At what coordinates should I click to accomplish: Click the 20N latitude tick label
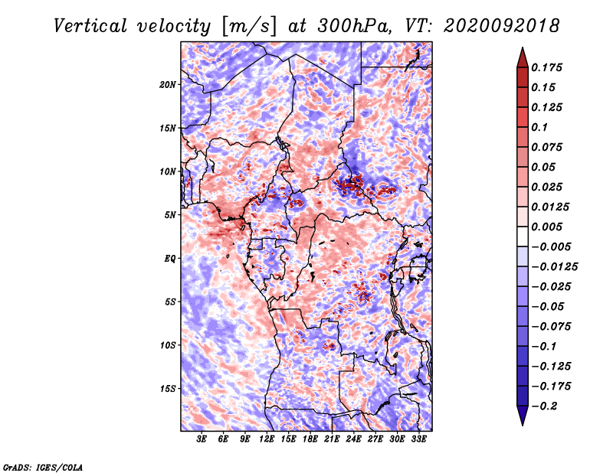[x=168, y=85]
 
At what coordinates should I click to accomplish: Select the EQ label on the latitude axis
[x=170, y=259]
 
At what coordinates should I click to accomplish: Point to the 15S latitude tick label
[x=168, y=389]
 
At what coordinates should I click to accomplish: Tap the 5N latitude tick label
[x=170, y=215]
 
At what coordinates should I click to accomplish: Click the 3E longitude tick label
[x=202, y=439]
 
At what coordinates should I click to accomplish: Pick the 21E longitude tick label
[x=332, y=439]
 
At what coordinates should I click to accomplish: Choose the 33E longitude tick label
[x=418, y=439]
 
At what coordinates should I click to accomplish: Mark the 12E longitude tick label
[x=267, y=439]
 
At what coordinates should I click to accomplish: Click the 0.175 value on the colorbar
[x=546, y=67]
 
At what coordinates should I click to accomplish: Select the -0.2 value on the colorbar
[x=545, y=406]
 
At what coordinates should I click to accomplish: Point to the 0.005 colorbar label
[x=546, y=227]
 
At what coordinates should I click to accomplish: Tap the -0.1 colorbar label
[x=544, y=347]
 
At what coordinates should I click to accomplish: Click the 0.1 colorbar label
[x=539, y=127]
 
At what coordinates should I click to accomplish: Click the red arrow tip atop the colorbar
[x=523, y=47]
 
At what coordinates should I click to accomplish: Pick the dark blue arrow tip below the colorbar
[x=523, y=425]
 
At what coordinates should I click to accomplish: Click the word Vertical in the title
[x=90, y=26]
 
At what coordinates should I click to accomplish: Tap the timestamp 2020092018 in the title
[x=502, y=26]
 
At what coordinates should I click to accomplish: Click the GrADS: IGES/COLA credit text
[x=43, y=467]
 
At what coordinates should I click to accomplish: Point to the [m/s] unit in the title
[x=249, y=27]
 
